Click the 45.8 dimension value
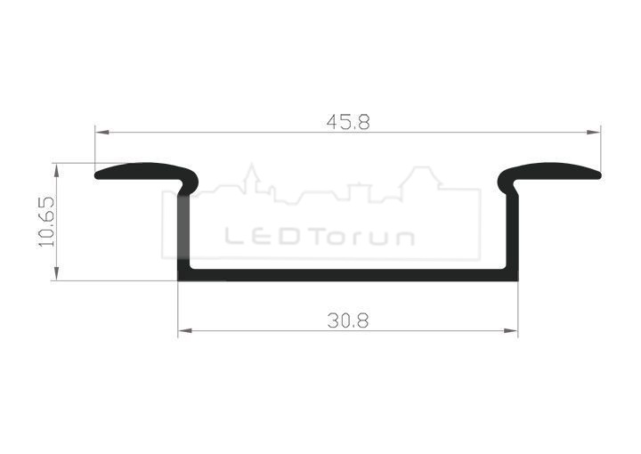coord(348,122)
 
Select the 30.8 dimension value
coord(348,320)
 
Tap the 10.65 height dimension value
coord(46,222)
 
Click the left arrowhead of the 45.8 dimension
coord(102,132)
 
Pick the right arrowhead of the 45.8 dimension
coord(594,132)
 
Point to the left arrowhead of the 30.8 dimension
coord(185,330)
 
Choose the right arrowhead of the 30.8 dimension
coord(511,330)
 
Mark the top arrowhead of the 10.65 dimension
coord(56,170)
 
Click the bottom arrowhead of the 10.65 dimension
coord(56,273)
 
